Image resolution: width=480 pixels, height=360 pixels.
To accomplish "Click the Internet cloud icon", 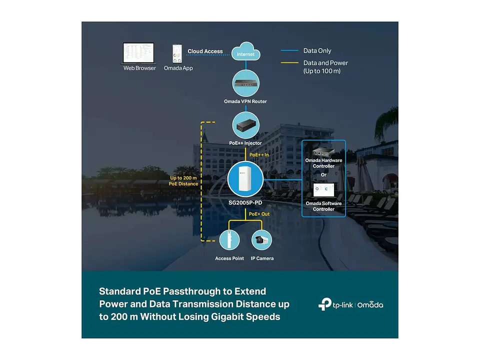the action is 245,51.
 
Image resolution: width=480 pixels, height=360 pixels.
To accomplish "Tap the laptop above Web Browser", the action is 138,53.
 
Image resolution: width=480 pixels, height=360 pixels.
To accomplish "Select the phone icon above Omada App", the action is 177,53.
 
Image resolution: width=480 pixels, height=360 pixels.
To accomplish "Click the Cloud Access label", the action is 205,51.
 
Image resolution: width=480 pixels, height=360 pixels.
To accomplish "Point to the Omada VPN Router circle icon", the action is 246,83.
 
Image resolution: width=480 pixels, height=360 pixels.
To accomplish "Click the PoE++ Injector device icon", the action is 246,125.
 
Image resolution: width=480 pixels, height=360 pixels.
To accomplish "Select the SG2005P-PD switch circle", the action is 245,179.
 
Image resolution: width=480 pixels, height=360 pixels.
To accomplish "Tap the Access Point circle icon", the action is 229,239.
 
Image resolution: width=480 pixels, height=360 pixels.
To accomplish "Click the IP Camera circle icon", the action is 261,239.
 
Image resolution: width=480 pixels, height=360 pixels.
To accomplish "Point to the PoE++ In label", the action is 259,154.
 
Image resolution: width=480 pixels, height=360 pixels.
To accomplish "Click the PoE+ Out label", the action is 259,214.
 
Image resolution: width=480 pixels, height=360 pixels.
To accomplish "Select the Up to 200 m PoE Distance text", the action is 183,180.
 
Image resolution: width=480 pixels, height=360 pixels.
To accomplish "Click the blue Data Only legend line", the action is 289,50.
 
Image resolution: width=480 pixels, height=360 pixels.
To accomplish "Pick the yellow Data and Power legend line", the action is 289,63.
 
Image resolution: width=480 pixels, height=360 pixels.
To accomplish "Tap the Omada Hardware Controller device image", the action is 323,151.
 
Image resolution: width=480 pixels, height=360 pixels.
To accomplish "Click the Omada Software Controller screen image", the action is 323,190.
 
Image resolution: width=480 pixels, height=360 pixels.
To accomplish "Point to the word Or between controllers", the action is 323,175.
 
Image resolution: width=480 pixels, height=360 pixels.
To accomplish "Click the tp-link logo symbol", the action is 325,304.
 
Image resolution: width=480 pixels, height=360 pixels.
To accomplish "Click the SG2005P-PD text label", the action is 245,202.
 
